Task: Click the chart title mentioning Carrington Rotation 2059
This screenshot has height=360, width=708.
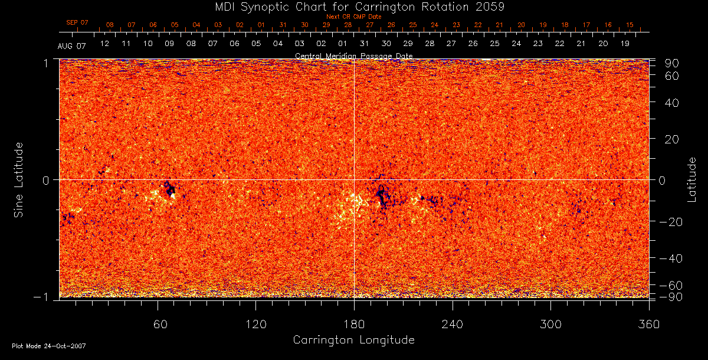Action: point(353,7)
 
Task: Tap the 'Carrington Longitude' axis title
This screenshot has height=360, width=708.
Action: point(353,340)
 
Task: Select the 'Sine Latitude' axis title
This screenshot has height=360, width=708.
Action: point(19,179)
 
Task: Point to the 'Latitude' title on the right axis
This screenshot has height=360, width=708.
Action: point(691,179)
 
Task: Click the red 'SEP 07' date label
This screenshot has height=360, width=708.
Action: point(77,22)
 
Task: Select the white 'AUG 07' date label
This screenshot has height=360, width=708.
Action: point(72,46)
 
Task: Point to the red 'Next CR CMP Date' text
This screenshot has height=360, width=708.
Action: point(353,17)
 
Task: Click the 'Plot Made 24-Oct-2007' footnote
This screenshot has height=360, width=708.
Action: point(49,346)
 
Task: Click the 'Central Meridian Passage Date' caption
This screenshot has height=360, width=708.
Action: point(353,56)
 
